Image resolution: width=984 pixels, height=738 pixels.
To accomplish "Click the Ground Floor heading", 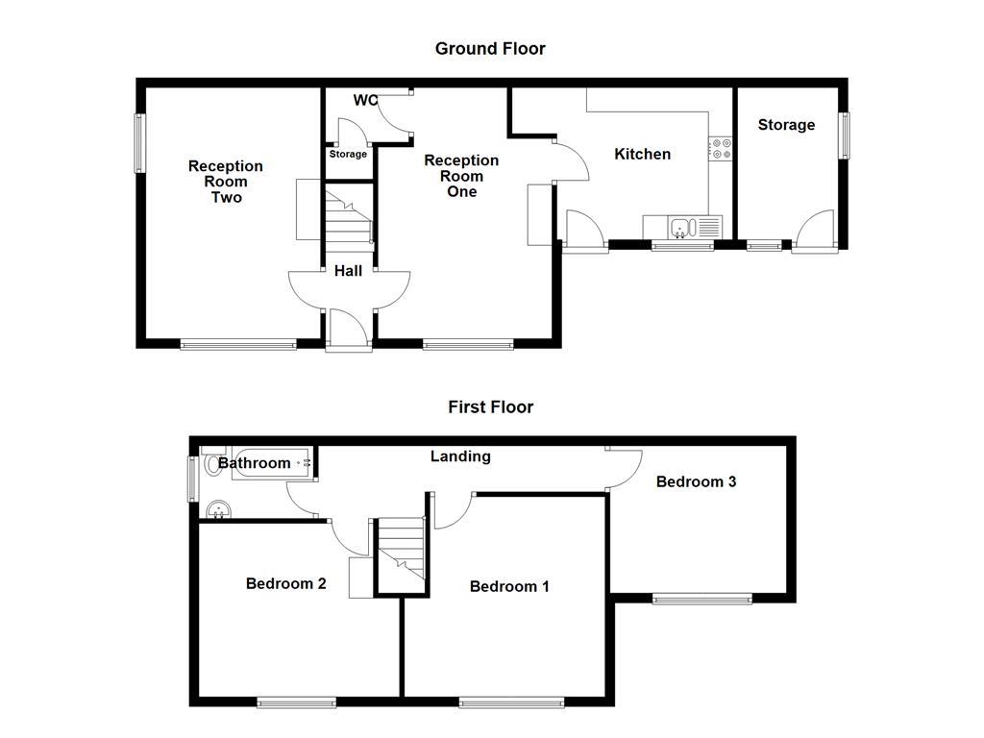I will [x=490, y=48].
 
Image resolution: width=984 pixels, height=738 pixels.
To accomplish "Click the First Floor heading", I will [x=490, y=406].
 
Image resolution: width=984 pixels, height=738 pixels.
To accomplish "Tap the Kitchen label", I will [x=642, y=154].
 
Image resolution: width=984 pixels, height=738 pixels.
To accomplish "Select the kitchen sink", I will [x=683, y=228].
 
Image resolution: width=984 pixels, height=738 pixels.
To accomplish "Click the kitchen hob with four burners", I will [x=721, y=149].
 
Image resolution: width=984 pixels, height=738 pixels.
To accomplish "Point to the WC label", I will [x=365, y=100].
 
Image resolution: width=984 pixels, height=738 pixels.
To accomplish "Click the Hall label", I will [x=348, y=271].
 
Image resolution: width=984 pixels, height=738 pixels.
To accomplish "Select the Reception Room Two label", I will [x=226, y=182].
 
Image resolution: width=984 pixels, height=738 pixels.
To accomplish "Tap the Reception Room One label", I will [x=461, y=176].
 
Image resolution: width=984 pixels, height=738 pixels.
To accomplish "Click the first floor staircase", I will [x=401, y=554].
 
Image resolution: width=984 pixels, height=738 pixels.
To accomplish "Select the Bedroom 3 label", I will [x=696, y=481].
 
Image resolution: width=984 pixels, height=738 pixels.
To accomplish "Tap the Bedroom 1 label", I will [x=509, y=586].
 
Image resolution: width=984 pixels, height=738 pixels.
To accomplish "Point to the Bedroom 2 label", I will [x=285, y=583].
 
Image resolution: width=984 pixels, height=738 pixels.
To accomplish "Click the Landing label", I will [x=460, y=456].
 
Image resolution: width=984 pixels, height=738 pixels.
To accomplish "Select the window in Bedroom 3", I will [x=702, y=599].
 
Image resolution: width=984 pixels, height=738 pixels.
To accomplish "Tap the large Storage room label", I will [x=786, y=125].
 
